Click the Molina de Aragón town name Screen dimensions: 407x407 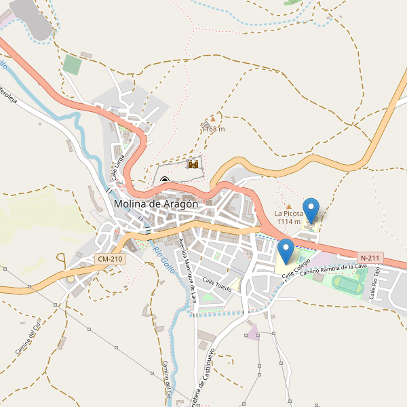pos(156,203)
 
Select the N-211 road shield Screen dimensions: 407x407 pos(370,258)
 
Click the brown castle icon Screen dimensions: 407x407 pos(193,164)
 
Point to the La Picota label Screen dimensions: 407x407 pos(288,214)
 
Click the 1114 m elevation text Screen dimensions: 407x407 pos(288,222)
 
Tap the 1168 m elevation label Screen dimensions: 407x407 pos(213,129)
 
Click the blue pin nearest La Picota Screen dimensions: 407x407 pos(311,210)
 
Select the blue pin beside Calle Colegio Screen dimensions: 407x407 pos(286,251)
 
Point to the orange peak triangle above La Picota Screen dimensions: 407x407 pos(288,206)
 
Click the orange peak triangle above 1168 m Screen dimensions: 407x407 pos(212,119)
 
